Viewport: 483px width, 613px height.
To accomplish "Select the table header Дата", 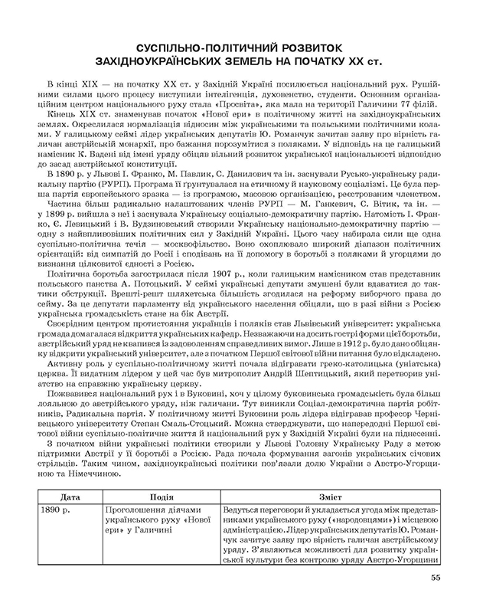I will click(69, 497).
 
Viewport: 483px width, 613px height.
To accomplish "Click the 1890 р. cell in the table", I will click(56, 509).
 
